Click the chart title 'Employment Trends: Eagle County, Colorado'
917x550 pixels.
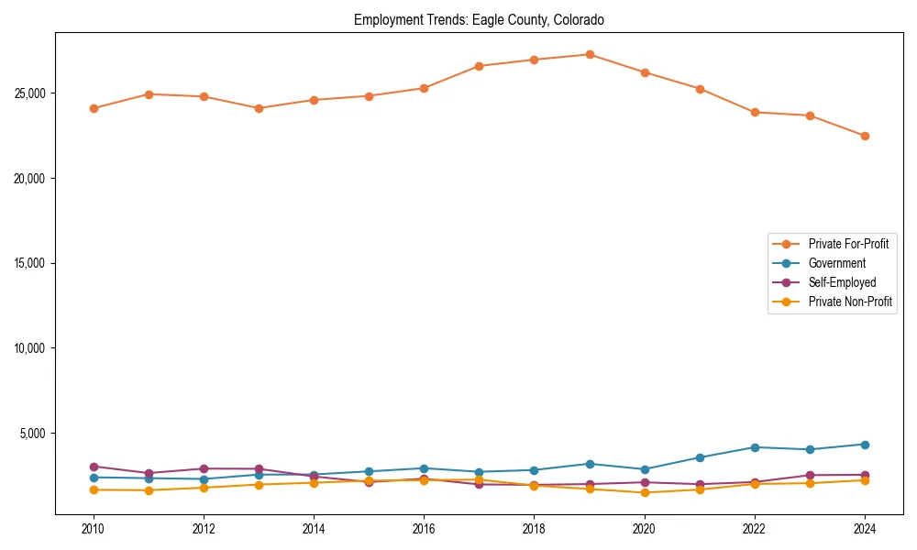click(x=479, y=19)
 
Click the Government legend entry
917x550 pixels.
click(x=836, y=263)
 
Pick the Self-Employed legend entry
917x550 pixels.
click(x=842, y=282)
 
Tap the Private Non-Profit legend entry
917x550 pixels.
click(x=850, y=302)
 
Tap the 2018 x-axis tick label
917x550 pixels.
click(x=534, y=529)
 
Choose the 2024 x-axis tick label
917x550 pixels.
click(x=864, y=529)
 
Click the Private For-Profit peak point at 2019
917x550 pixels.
click(x=589, y=54)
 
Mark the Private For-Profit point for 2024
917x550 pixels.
click(x=864, y=136)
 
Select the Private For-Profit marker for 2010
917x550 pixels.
click(x=94, y=108)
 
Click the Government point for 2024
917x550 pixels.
click(x=864, y=445)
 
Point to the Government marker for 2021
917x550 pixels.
click(x=699, y=457)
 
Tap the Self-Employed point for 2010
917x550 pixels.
click(x=94, y=467)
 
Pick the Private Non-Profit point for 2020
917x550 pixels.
click(x=644, y=492)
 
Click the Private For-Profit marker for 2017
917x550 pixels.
click(x=479, y=66)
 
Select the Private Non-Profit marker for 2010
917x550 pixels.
click(x=94, y=489)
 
